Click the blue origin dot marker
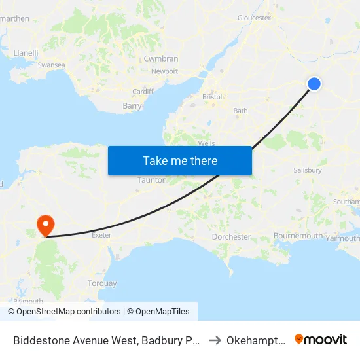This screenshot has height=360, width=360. [x=314, y=83]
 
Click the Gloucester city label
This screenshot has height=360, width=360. [x=254, y=18]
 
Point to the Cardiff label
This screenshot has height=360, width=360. [x=143, y=91]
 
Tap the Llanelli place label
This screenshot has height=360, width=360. [x=26, y=52]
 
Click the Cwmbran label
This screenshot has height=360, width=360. [x=161, y=58]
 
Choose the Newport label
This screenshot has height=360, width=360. [x=164, y=71]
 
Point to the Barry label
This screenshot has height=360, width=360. [x=132, y=105]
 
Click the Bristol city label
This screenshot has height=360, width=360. [x=213, y=97]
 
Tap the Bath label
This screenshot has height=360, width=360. [x=240, y=111]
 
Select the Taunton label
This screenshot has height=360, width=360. [x=152, y=180]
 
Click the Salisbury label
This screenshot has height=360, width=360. [x=308, y=170]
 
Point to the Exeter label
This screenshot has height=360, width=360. [x=101, y=234]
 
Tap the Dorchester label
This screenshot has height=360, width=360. [x=231, y=236]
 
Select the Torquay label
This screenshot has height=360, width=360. [x=102, y=283]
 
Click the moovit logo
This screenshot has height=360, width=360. [x=321, y=339]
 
